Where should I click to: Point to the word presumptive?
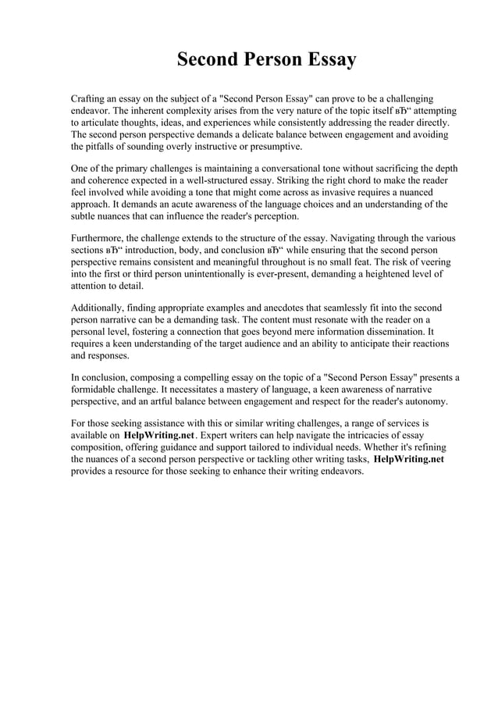click(273, 147)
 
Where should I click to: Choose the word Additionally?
click(100, 308)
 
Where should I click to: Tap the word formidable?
click(97, 390)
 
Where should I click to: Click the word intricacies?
click(384, 436)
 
